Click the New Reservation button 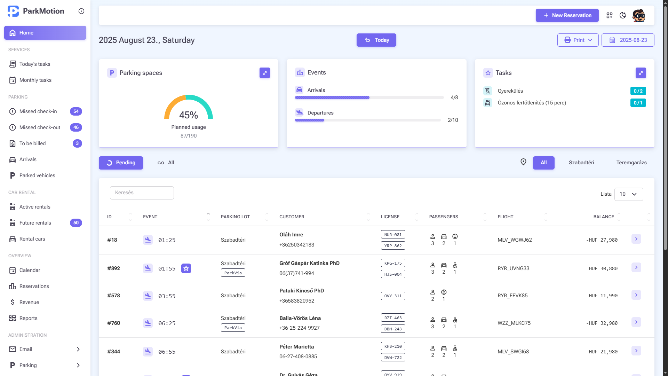567,15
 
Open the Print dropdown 578,40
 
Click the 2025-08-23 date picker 628,40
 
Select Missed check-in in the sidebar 38,111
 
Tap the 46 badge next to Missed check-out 76,127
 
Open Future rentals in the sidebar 35,223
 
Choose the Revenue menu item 29,302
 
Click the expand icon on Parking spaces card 264,73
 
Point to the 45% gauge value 188,115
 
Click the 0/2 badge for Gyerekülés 638,91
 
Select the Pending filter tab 121,163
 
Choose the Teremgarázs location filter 631,163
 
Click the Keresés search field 142,193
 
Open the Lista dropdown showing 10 628,194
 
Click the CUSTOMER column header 292,217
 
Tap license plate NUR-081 393,235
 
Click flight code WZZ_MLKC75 514,323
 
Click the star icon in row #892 186,268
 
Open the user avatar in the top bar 638,15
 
